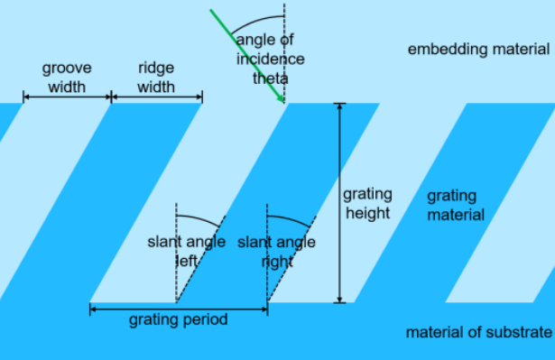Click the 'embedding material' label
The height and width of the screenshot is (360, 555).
click(478, 49)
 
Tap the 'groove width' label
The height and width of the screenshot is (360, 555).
click(67, 78)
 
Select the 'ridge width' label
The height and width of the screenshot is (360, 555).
click(156, 78)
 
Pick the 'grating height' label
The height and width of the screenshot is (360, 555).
click(367, 203)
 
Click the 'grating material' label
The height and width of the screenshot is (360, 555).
click(456, 205)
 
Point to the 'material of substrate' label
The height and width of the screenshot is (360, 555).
click(478, 332)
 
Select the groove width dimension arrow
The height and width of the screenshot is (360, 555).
click(67, 96)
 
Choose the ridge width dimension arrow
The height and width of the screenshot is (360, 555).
click(156, 96)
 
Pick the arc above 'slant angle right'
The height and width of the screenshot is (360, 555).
click(291, 217)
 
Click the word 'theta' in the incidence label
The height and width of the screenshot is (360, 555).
click(270, 78)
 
